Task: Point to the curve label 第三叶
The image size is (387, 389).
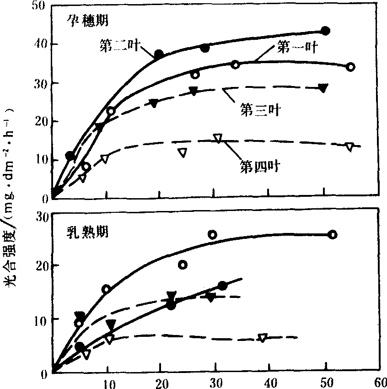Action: (260, 110)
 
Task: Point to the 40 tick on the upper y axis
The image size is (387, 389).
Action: (40, 44)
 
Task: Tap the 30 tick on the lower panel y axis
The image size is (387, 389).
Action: (40, 216)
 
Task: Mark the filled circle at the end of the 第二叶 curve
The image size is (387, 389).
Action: (326, 31)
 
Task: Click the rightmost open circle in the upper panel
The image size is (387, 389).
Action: (350, 67)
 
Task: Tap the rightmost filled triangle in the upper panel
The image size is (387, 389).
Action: (323, 88)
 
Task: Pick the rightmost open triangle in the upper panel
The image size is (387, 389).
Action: (349, 147)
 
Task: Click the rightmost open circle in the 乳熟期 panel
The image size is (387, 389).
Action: (333, 235)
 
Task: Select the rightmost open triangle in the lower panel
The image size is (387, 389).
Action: (262, 338)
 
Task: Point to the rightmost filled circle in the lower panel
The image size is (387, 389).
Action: (223, 286)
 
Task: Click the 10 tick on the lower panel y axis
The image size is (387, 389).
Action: (40, 319)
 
